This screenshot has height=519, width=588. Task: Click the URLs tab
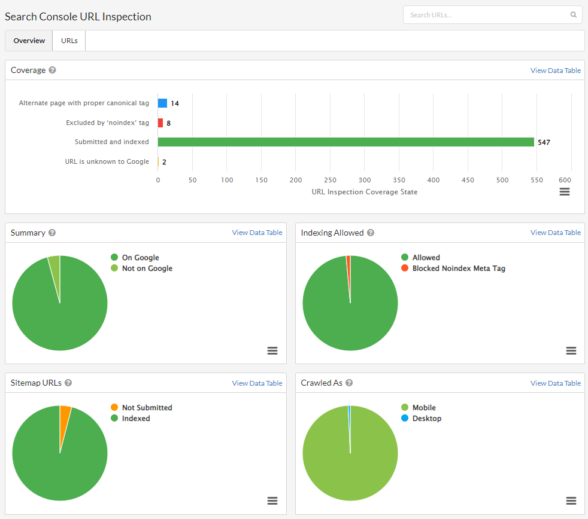coord(69,41)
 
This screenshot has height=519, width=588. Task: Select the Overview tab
coord(29,41)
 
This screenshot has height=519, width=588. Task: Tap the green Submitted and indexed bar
coord(345,142)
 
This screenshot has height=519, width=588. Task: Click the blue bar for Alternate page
coord(162,103)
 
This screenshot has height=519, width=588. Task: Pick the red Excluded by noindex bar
coord(160,123)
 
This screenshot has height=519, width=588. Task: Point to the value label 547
coord(544,142)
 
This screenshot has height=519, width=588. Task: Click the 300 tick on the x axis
coord(365,180)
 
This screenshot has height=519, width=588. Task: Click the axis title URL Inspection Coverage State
coord(364,192)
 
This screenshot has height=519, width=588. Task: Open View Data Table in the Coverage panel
coord(555,71)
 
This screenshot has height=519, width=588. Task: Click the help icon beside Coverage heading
coord(52,70)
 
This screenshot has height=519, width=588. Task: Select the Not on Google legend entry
coord(147,268)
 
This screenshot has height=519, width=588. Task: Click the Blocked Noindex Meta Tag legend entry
coord(458,268)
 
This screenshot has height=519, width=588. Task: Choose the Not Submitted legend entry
coord(147,408)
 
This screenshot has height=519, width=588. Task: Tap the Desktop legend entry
coord(426,419)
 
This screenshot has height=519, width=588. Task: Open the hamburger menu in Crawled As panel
coord(571,500)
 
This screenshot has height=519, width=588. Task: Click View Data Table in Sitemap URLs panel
coord(257,383)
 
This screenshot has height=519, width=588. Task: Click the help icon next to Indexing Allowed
coord(371,233)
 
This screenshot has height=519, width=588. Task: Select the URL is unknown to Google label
coord(107,161)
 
